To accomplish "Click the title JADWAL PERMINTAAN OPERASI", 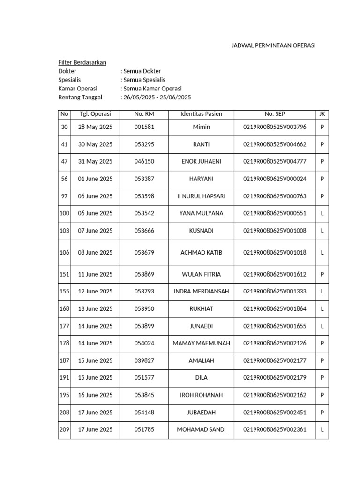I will click(274, 45).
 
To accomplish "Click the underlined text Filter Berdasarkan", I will click(82, 62).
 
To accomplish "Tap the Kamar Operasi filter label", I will click(78, 89).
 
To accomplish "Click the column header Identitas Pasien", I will click(202, 114).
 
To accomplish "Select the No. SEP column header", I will click(275, 114).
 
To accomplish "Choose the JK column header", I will click(322, 114).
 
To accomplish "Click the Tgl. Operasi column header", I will click(95, 114).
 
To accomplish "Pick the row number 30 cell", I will click(64, 127).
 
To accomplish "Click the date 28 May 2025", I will click(95, 127).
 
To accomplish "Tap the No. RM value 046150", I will click(144, 161).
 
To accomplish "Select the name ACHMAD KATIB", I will click(202, 253).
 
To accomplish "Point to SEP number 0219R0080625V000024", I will click(275, 179).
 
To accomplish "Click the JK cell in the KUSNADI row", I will click(322, 231).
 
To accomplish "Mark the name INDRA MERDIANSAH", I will click(202, 291).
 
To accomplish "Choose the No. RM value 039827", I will click(144, 360).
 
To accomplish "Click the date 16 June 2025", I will click(95, 395).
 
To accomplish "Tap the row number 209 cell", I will click(64, 429).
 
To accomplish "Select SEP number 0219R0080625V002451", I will click(275, 412).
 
